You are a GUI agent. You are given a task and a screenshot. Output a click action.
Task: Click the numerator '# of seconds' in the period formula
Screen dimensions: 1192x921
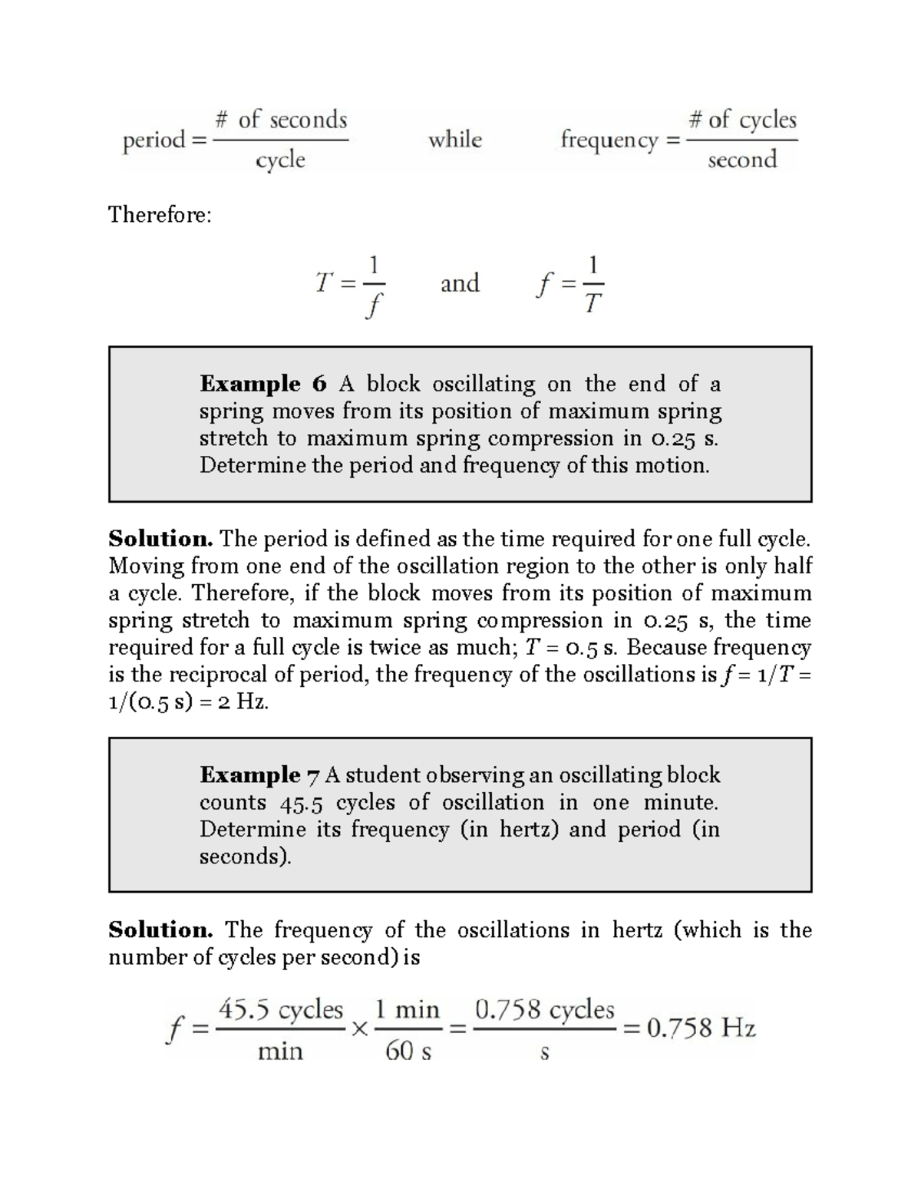[x=281, y=120]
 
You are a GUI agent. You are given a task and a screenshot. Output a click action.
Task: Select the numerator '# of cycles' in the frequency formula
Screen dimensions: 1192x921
[x=742, y=120]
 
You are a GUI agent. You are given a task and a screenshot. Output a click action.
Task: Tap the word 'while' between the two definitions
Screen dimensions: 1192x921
[x=455, y=140]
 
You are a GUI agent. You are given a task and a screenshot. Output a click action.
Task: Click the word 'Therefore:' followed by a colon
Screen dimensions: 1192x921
[x=160, y=215]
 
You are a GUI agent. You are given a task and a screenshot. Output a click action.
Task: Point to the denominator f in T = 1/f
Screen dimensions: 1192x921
[x=373, y=306]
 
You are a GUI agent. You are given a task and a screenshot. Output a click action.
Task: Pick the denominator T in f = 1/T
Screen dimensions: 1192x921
[x=593, y=305]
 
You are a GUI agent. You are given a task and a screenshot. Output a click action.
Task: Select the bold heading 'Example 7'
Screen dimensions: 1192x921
[x=259, y=775]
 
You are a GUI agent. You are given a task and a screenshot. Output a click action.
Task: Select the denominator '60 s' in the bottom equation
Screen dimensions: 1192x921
[x=408, y=1051]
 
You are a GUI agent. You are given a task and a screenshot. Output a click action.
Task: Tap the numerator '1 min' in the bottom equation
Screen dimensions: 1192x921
[x=407, y=1009]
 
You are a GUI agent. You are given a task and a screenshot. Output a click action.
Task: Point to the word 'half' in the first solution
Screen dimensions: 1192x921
[x=792, y=566]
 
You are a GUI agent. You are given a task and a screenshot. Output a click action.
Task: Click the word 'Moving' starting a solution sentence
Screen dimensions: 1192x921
[x=147, y=566]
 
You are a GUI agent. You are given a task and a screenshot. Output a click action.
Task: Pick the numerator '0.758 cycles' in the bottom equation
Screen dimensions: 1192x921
[x=545, y=1009]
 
